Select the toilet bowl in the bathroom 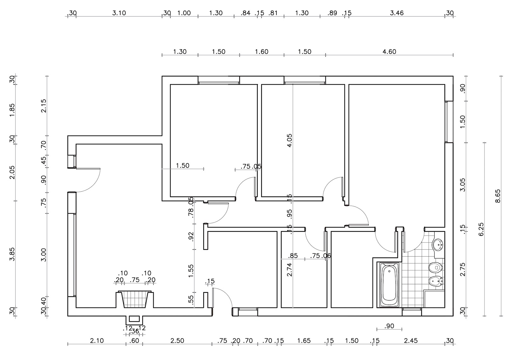pyautogui.click(x=436, y=267)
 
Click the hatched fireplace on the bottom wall pyautogui.click(x=134, y=300)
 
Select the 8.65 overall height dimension pyautogui.click(x=498, y=196)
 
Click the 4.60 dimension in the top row pyautogui.click(x=389, y=52)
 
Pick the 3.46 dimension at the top pyautogui.click(x=396, y=13)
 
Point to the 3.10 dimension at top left pyautogui.click(x=119, y=13)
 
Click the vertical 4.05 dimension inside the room pyautogui.click(x=289, y=140)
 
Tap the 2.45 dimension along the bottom pyautogui.click(x=411, y=341)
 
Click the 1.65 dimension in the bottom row pyautogui.click(x=304, y=341)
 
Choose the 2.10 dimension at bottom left pyautogui.click(x=97, y=341)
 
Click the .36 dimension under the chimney pyautogui.click(x=135, y=331)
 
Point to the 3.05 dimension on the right pyautogui.click(x=463, y=185)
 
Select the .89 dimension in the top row pyautogui.click(x=332, y=13)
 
